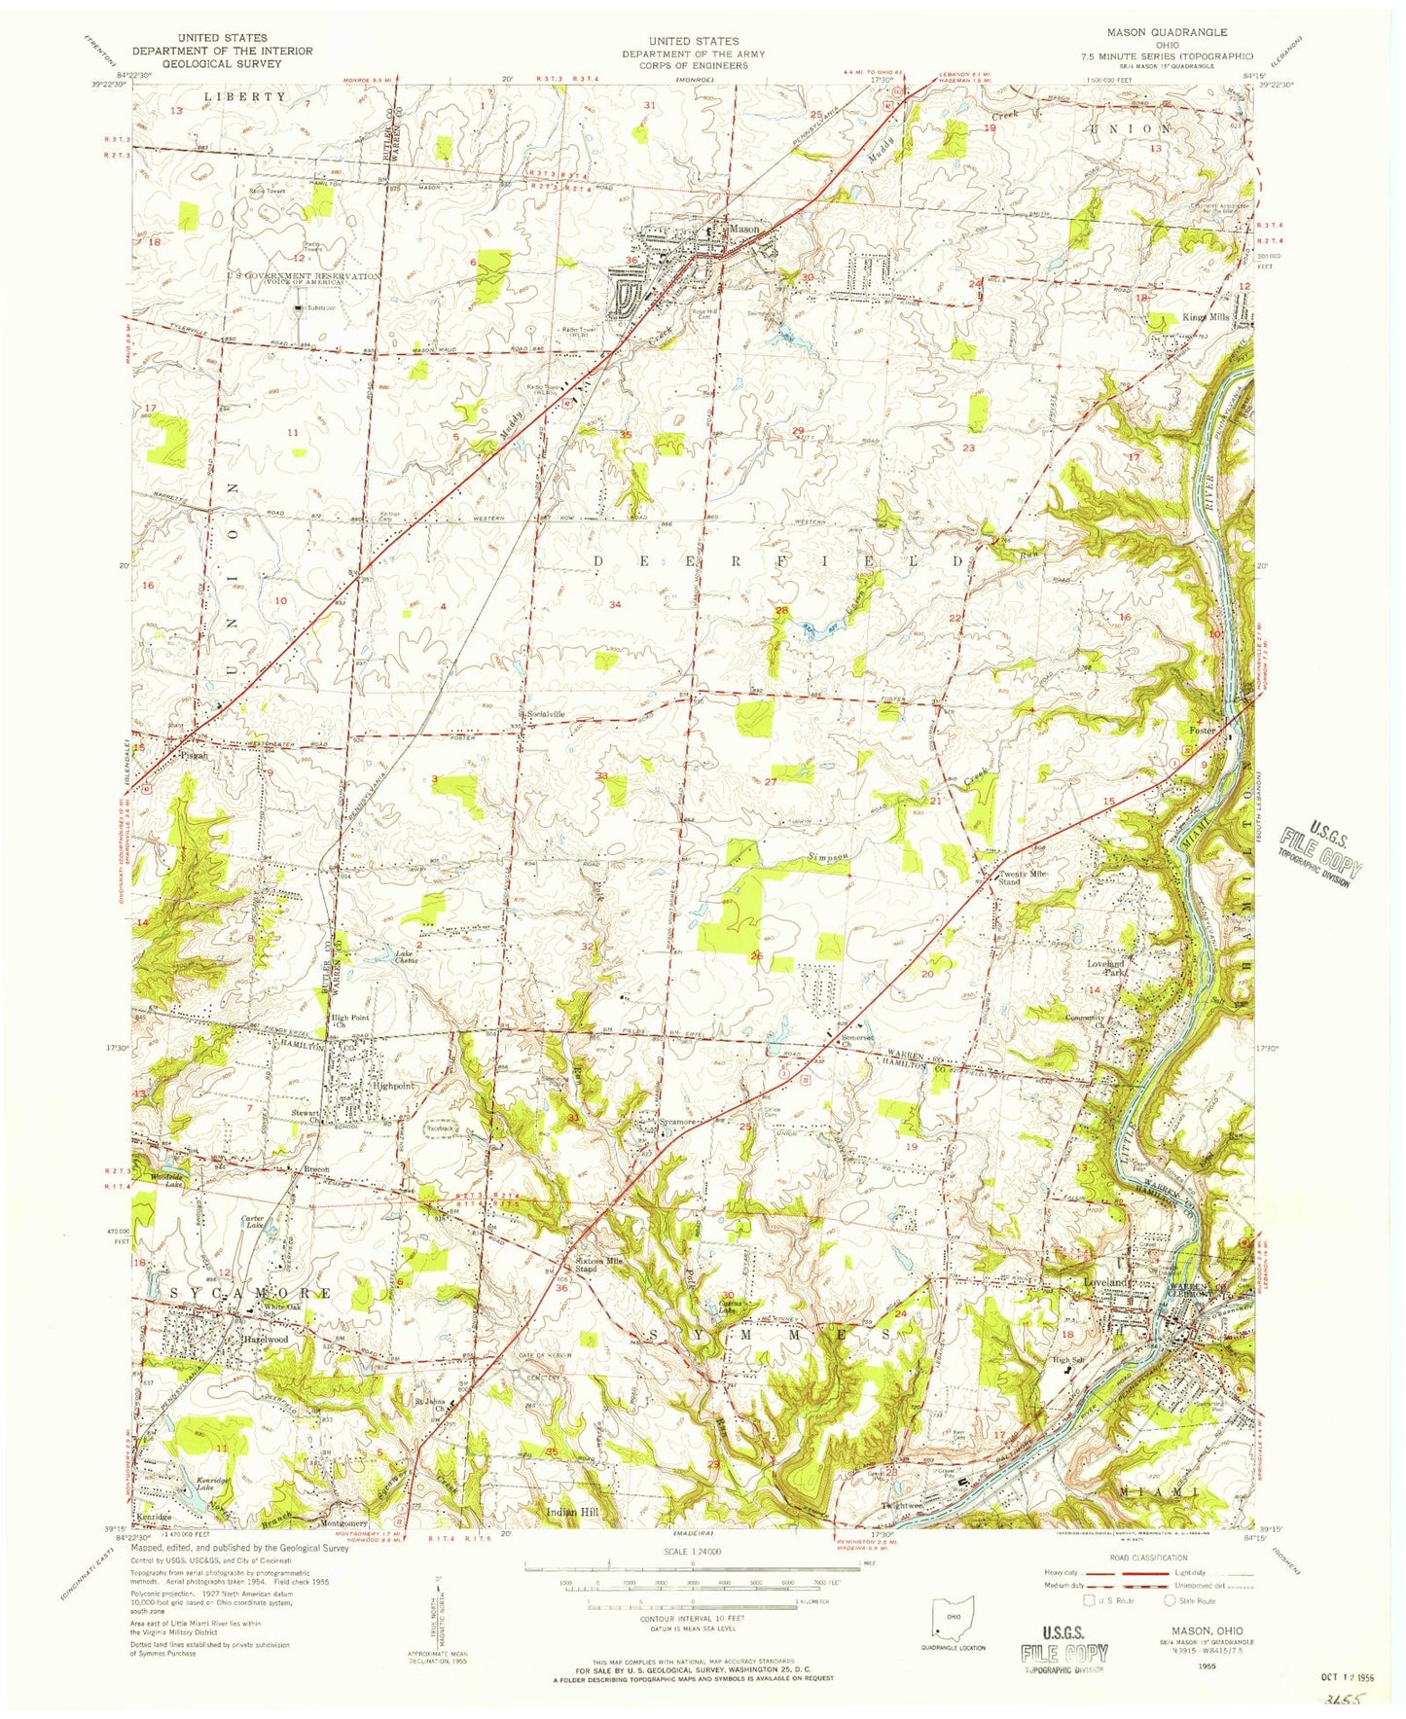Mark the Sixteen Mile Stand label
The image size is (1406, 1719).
598,1265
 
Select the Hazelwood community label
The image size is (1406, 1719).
265,1339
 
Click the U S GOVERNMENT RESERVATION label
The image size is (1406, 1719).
303,276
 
